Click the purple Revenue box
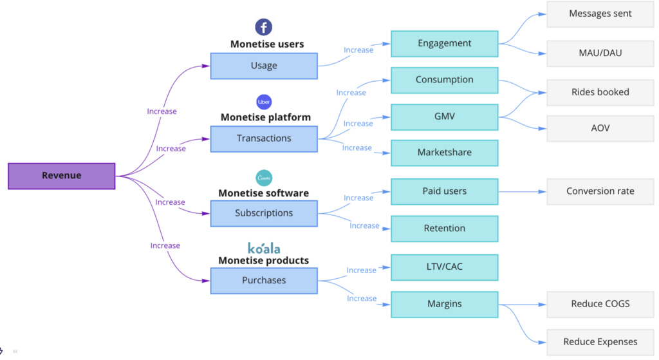click(x=62, y=176)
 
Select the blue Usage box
click(x=264, y=66)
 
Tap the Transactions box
click(x=264, y=138)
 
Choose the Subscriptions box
click(x=264, y=213)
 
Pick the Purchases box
click(x=264, y=280)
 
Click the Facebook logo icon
click(x=263, y=27)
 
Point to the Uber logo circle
click(x=264, y=102)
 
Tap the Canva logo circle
click(x=264, y=177)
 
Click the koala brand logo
click(x=264, y=248)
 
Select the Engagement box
click(x=444, y=44)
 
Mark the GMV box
click(x=444, y=117)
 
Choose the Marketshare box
click(x=444, y=153)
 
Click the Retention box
click(x=444, y=229)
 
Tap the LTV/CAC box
click(x=444, y=267)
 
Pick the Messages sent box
click(x=600, y=14)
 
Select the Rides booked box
click(x=600, y=92)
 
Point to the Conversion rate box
click(x=600, y=191)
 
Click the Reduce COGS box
click(x=600, y=304)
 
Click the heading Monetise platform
click(x=265, y=117)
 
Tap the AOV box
click(x=600, y=128)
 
